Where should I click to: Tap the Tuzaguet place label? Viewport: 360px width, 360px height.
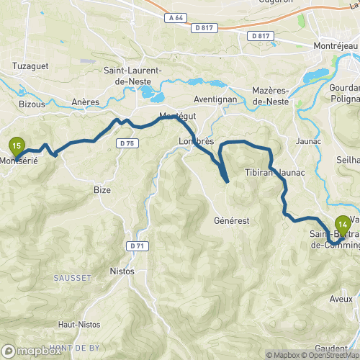30,66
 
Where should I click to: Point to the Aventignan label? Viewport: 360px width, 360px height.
216,99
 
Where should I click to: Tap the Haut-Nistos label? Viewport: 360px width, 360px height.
79,324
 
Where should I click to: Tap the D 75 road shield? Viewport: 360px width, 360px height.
127,143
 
